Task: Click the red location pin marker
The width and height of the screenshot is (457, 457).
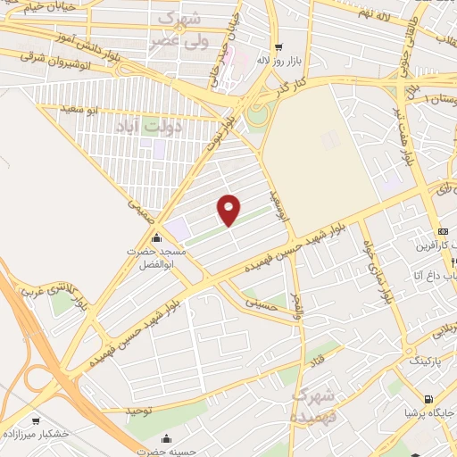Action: coord(229,209)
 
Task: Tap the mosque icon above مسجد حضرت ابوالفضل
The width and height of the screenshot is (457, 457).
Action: coord(157,237)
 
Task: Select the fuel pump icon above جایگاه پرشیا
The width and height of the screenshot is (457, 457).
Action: coord(429,399)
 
